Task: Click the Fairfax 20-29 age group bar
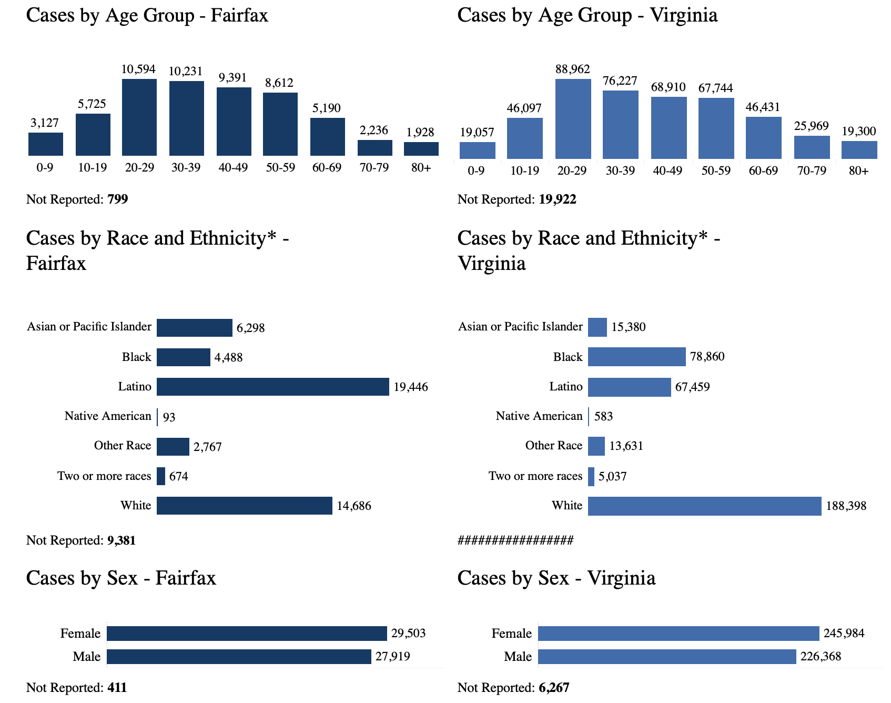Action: (x=139, y=117)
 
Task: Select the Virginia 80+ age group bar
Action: (x=859, y=150)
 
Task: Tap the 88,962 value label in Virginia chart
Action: (x=573, y=69)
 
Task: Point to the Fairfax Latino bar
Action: (x=273, y=387)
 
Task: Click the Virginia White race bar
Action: (x=705, y=506)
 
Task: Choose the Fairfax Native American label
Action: (x=108, y=416)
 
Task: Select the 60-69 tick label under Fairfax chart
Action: (x=327, y=168)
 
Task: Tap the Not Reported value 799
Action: (x=118, y=199)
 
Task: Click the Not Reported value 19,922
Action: (x=558, y=199)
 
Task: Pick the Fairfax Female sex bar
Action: (x=247, y=634)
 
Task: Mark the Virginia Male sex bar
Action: (x=667, y=657)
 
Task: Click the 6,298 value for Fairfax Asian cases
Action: (x=250, y=328)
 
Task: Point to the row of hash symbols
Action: (x=515, y=540)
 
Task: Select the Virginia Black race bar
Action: (x=637, y=357)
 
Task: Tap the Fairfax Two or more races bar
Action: (x=161, y=476)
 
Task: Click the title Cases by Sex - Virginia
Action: (x=556, y=578)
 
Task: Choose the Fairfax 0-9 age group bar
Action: (x=46, y=144)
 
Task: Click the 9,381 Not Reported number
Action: (x=121, y=540)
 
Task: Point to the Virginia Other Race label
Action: (x=554, y=446)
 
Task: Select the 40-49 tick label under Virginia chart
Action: (x=667, y=171)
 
